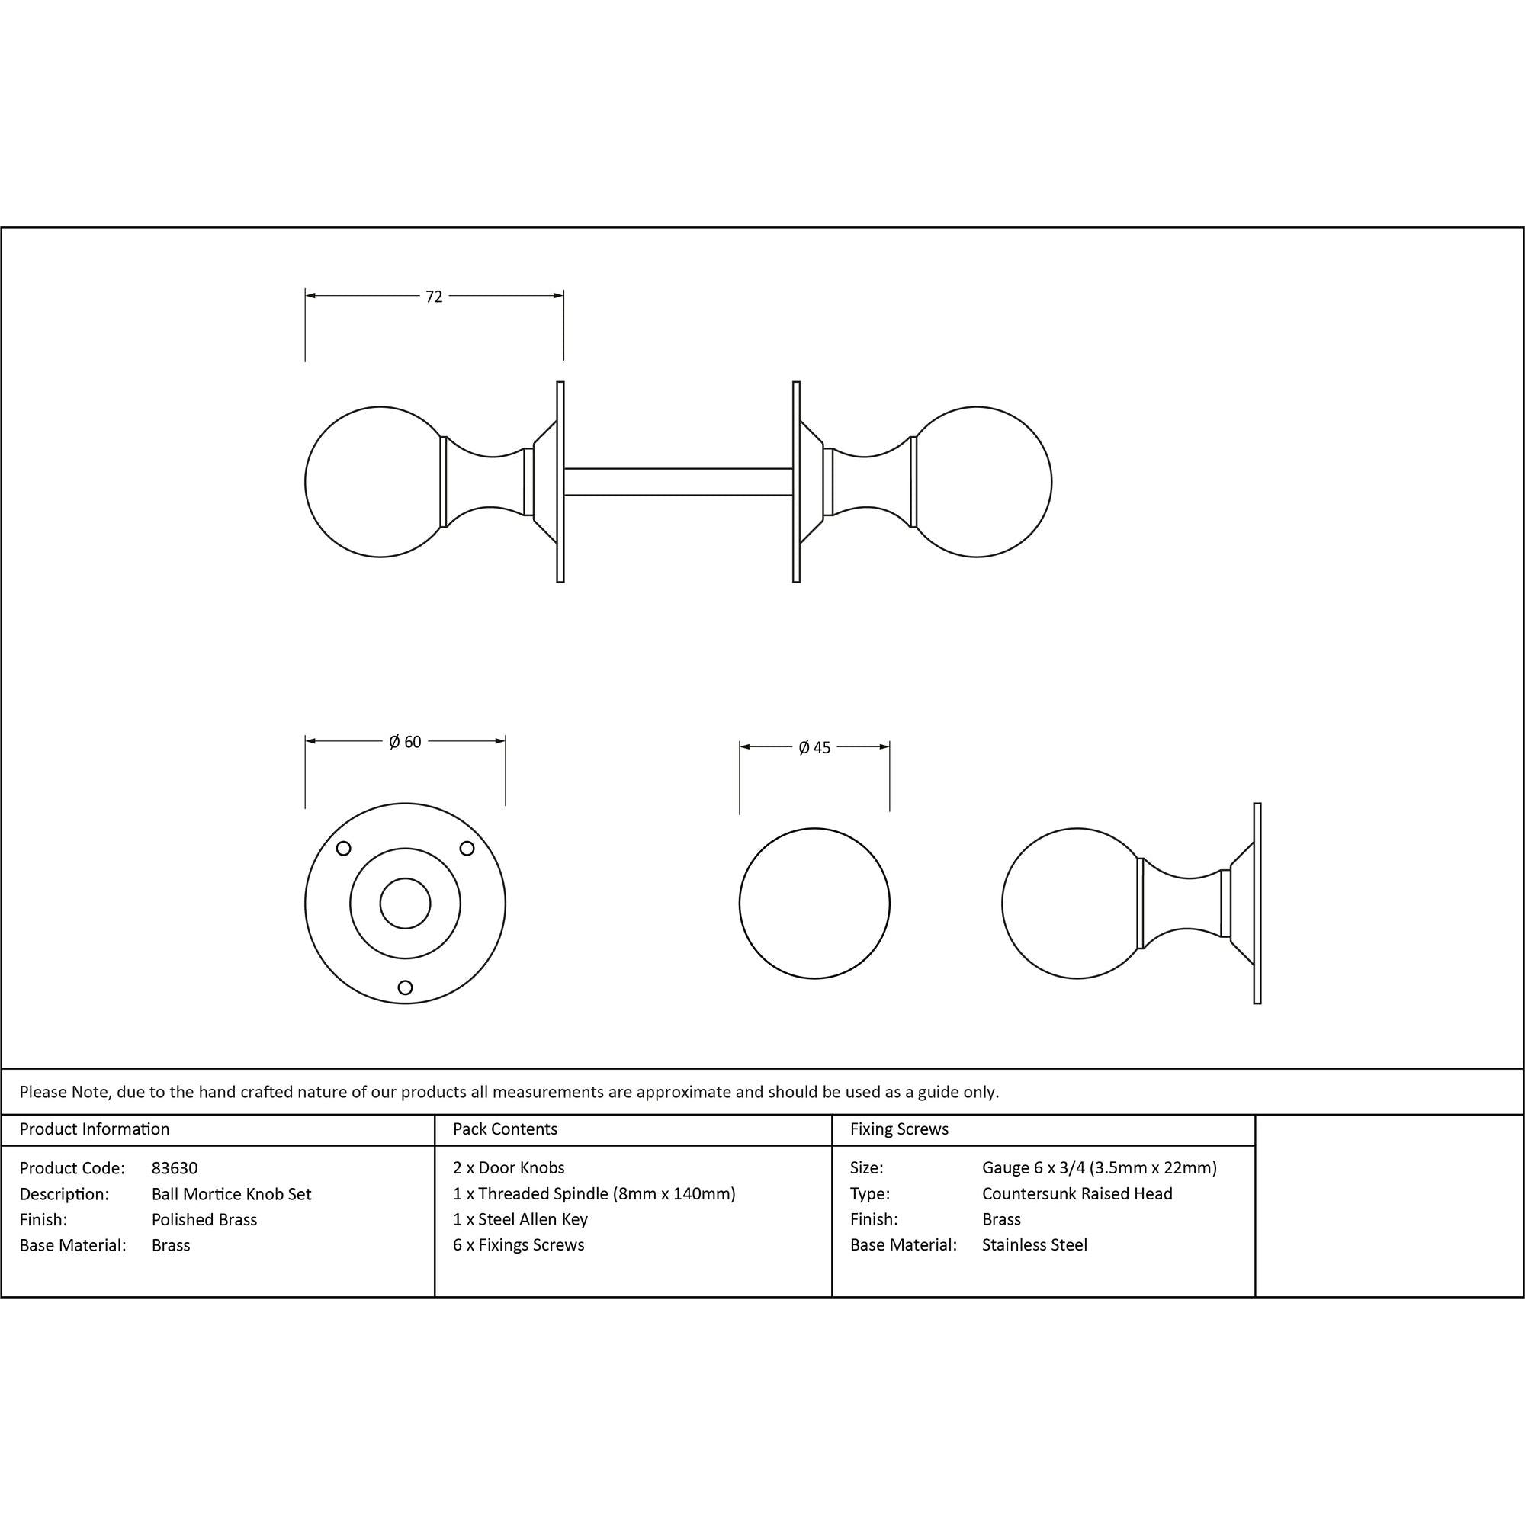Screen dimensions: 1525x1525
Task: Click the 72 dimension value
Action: click(x=434, y=297)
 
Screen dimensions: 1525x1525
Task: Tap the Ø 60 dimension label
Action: click(x=405, y=742)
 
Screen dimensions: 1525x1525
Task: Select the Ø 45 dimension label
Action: click(x=814, y=747)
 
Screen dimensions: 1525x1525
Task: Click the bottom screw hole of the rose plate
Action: click(x=405, y=987)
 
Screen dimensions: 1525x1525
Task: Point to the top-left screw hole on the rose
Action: click(x=343, y=849)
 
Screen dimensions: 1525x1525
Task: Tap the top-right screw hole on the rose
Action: click(x=467, y=849)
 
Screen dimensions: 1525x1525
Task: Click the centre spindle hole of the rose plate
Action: click(x=405, y=904)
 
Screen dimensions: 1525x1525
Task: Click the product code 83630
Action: click(x=175, y=1168)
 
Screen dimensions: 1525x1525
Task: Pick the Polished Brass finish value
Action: click(x=204, y=1219)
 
